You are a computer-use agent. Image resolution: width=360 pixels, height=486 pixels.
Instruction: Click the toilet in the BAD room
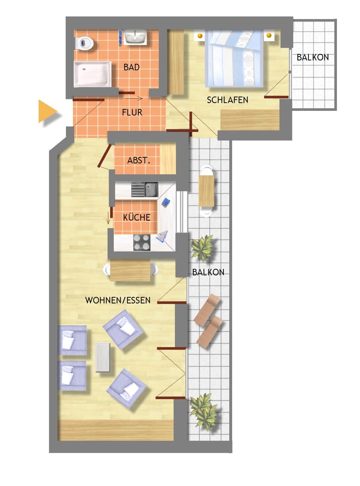[x=84, y=43]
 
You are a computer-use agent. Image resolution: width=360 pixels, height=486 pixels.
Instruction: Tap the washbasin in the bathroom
[x=135, y=37]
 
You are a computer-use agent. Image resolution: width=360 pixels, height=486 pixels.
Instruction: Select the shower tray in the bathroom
[x=92, y=74]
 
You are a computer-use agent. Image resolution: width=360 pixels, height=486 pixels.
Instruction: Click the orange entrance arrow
[x=48, y=111]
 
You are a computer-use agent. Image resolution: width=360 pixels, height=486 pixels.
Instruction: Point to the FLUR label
[x=132, y=112]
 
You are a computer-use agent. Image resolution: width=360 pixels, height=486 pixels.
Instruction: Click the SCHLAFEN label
[x=227, y=100]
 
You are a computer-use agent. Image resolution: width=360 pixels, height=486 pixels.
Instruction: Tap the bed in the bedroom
[x=234, y=58]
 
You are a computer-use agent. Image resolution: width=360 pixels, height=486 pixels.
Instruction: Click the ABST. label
[x=139, y=160]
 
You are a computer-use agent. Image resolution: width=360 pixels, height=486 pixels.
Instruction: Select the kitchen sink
[x=145, y=189]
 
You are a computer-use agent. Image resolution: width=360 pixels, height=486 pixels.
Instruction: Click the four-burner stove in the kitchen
[x=142, y=242]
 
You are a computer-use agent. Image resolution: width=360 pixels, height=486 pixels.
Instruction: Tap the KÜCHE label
[x=137, y=217]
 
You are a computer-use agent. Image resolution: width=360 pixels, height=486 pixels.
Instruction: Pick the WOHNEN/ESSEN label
[x=118, y=300]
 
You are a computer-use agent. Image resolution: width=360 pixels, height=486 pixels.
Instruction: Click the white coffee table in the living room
[x=103, y=357]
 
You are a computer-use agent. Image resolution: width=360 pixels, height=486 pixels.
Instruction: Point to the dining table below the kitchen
[x=130, y=270]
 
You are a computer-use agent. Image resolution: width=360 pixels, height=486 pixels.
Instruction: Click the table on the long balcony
[x=206, y=191]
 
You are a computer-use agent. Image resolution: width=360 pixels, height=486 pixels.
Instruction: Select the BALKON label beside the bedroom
[x=312, y=57]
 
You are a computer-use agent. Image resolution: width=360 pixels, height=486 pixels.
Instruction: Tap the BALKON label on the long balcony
[x=208, y=272]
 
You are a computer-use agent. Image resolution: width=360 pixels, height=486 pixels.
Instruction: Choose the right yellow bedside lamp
[x=269, y=35]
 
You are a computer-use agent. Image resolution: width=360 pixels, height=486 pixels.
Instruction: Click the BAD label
[x=131, y=67]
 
